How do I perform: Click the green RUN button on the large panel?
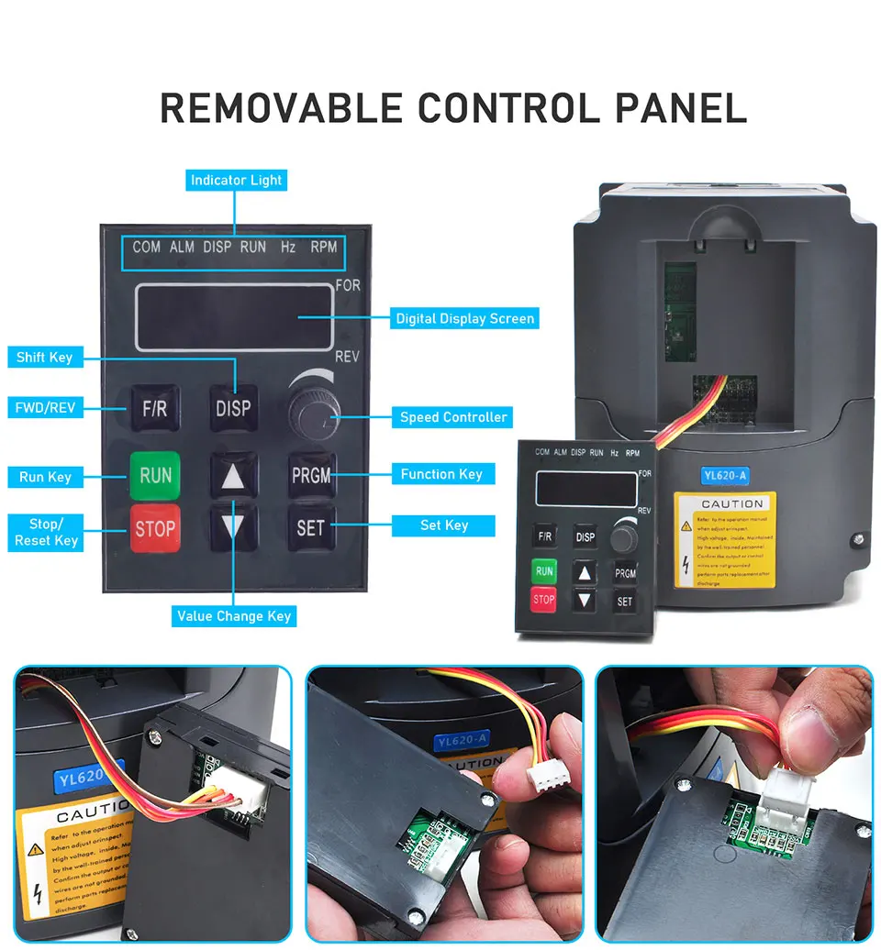tap(155, 475)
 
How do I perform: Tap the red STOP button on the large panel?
tap(155, 528)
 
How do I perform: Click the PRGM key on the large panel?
tap(311, 475)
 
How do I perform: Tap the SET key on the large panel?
tap(311, 528)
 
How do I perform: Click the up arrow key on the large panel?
tap(233, 476)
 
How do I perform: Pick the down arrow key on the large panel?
tap(233, 527)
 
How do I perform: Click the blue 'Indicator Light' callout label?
tap(236, 180)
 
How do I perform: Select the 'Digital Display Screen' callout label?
tap(464, 318)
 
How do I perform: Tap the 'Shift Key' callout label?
tap(44, 357)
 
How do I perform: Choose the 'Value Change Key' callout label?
tap(234, 616)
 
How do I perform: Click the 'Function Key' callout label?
tap(441, 474)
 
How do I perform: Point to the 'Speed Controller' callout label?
tap(453, 417)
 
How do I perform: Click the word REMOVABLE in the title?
tap(281, 108)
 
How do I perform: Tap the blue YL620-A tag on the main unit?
tap(724, 476)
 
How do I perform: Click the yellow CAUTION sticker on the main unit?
tap(724, 540)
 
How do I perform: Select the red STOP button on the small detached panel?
tap(544, 600)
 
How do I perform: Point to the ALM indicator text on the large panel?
tap(182, 247)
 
